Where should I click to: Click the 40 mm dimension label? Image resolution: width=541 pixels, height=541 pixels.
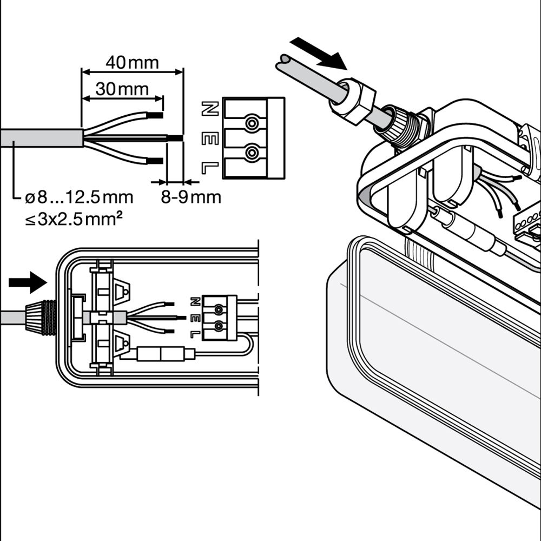click(132, 63)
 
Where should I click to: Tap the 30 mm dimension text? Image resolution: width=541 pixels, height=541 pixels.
click(122, 89)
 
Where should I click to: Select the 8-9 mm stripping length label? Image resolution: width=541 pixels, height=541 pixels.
click(191, 197)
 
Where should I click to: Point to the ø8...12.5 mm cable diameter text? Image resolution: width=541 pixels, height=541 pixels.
click(79, 197)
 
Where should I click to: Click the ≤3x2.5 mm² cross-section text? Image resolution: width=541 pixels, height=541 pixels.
click(73, 220)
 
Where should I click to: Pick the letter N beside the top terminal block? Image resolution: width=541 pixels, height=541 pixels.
click(210, 109)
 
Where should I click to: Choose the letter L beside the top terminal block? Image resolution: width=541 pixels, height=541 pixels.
click(210, 168)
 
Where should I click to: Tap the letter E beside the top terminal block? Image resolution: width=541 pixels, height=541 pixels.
click(210, 138)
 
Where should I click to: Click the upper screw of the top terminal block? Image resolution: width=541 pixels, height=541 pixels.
click(251, 123)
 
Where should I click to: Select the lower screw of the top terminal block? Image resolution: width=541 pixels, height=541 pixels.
click(251, 154)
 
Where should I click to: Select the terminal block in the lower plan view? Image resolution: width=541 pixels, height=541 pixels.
click(219, 318)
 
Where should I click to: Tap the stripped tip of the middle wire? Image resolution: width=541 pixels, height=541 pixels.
click(175, 138)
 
